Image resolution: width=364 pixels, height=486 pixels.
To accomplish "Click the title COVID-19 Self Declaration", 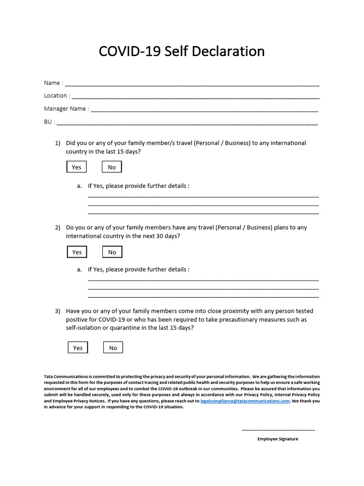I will coord(182,51).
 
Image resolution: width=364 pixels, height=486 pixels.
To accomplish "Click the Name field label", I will coord(52,83).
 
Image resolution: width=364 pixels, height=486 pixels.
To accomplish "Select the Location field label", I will coord(55,95).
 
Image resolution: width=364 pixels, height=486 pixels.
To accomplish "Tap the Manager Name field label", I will coord(65,109).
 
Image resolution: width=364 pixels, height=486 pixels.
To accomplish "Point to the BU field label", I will coord(48,121).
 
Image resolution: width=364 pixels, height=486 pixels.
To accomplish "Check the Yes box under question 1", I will coord(76,167).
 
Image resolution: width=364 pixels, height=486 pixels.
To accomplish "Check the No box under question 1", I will coord(112,167).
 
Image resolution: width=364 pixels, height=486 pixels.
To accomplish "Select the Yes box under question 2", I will coord(77,252).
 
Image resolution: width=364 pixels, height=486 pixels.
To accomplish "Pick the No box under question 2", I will coord(112,252).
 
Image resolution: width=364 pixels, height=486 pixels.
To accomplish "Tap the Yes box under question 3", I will coord(78,348).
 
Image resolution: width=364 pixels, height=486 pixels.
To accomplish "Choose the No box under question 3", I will coord(113,348).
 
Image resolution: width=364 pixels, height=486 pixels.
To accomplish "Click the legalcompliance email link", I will coord(245,401).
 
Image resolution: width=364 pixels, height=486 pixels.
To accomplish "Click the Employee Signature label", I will coord(278,439).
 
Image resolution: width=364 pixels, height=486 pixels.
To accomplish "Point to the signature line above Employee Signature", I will coord(278,430).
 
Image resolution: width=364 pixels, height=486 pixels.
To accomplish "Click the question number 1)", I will coord(58,143).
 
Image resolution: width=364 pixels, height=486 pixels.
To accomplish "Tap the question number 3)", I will coord(58,311).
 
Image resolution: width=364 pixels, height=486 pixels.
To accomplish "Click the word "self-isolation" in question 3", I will coord(82,328).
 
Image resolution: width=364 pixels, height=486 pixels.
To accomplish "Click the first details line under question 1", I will coord(203,196).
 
